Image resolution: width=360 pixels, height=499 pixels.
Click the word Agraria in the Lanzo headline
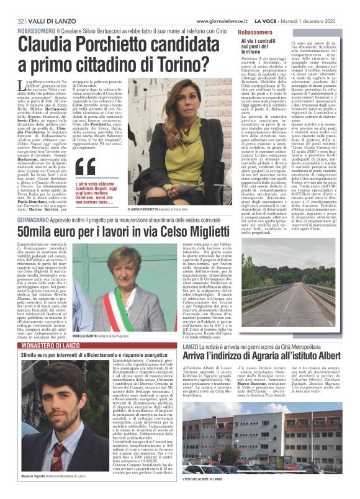[x=251, y=355]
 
